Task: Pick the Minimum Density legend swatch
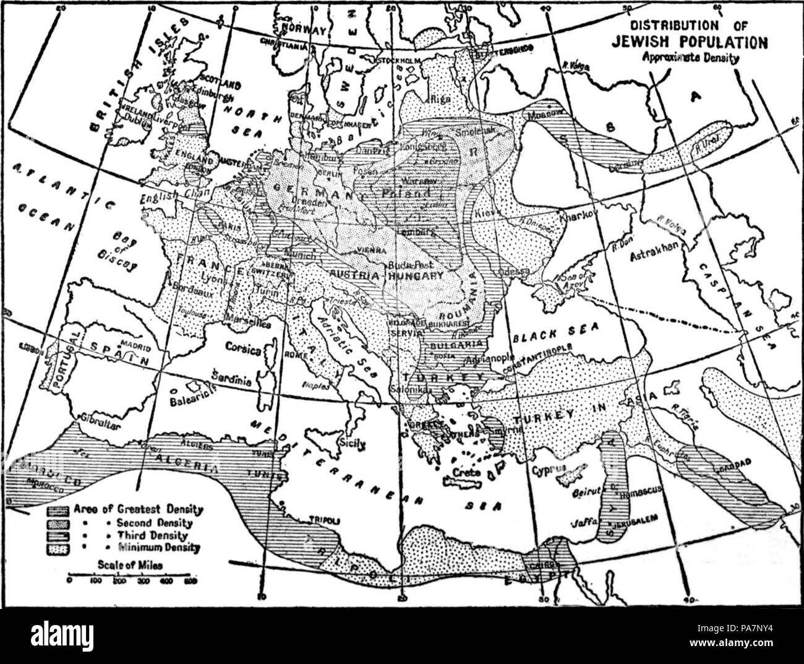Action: pos(60,547)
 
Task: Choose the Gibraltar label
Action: pos(93,426)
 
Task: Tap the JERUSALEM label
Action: pos(632,517)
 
